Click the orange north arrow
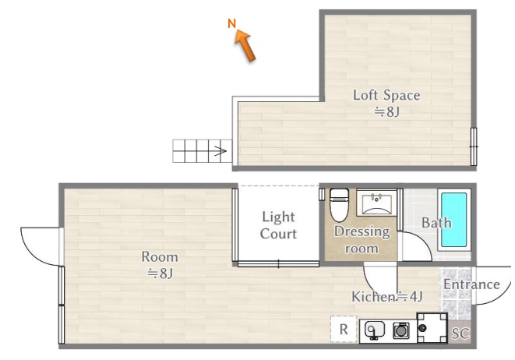[245, 45]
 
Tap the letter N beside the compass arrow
[232, 23]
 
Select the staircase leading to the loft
[203, 151]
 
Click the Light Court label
[278, 225]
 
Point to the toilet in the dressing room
[339, 205]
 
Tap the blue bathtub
[454, 220]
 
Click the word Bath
[436, 223]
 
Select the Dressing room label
[362, 240]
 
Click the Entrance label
[471, 284]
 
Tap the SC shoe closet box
[460, 334]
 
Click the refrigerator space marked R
[344, 329]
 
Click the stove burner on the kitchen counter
[401, 330]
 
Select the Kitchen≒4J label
[387, 297]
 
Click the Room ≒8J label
[160, 265]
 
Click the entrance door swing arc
[492, 285]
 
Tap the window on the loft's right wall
[473, 146]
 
